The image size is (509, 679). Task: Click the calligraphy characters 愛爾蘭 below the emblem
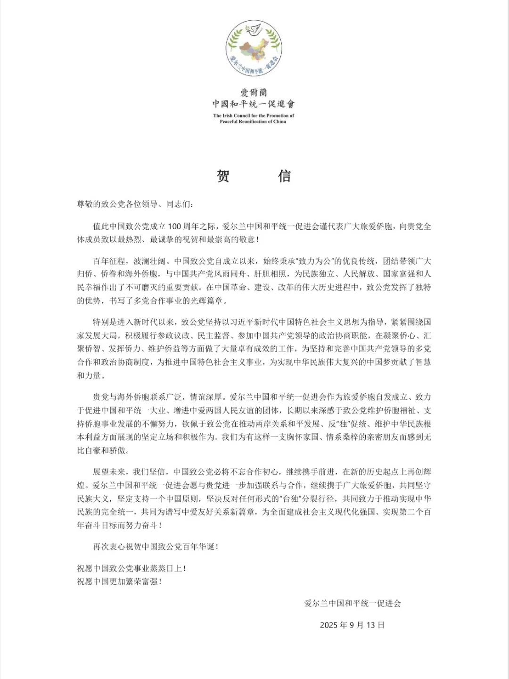tap(254, 92)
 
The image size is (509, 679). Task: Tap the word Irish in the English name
tap(229, 116)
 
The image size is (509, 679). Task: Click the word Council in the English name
tap(242, 116)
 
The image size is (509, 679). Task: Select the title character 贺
tap(223, 176)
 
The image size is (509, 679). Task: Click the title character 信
tap(284, 176)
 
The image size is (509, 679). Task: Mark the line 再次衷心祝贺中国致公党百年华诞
tap(156, 547)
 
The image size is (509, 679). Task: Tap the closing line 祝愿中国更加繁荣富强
tap(119, 581)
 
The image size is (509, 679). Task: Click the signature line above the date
tap(353, 603)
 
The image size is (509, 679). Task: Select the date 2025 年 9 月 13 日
tap(352, 625)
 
